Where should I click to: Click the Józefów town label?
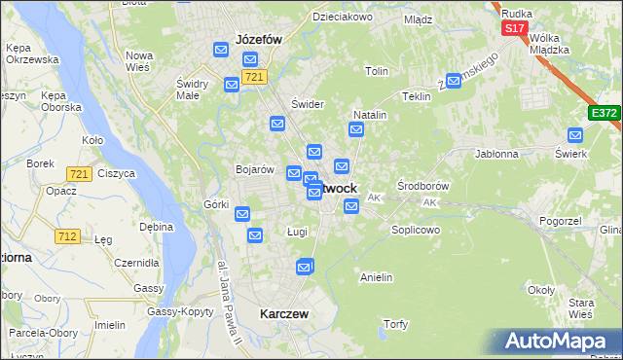click(258, 40)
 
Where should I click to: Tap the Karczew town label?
click(284, 314)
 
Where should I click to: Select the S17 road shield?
click(514, 29)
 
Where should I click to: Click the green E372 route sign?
click(604, 114)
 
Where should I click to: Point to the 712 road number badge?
click(67, 236)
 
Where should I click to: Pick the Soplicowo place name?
click(416, 231)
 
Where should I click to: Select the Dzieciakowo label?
click(342, 18)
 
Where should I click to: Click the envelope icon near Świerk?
click(574, 136)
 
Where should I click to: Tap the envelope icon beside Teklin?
click(453, 81)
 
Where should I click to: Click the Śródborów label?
click(423, 185)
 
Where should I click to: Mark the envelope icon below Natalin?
click(356, 129)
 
